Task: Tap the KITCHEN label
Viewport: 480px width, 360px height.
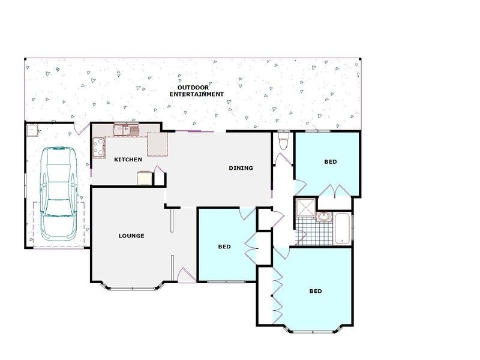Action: pyautogui.click(x=128, y=160)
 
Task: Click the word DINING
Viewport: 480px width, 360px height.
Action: pyautogui.click(x=241, y=168)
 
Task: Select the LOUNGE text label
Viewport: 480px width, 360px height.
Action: pyautogui.click(x=131, y=236)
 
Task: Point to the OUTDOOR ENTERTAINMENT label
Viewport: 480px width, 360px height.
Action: pyautogui.click(x=196, y=91)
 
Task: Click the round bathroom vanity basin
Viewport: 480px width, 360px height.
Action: pyautogui.click(x=323, y=216)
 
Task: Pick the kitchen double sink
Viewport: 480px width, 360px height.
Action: pyautogui.click(x=127, y=128)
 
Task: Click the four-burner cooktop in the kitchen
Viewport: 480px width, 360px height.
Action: pyautogui.click(x=97, y=145)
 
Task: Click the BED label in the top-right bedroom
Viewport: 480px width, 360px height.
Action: pyautogui.click(x=331, y=162)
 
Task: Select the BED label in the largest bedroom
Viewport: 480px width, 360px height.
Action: pyautogui.click(x=316, y=292)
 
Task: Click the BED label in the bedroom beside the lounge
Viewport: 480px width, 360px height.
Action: pyautogui.click(x=224, y=247)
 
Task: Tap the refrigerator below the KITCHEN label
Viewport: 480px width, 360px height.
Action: pyautogui.click(x=145, y=178)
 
